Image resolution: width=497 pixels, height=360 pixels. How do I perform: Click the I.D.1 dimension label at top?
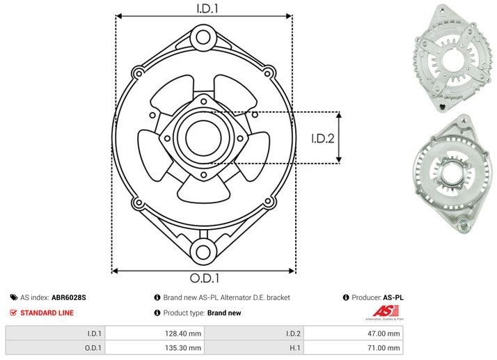[204, 9]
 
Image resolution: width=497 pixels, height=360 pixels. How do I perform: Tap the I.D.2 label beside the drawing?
[323, 138]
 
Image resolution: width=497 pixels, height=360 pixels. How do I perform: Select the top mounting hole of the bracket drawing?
[203, 36]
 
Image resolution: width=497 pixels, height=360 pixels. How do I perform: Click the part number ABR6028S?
[69, 297]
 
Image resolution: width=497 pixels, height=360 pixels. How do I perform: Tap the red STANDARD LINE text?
[47, 313]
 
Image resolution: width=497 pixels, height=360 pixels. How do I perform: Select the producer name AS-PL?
[393, 297]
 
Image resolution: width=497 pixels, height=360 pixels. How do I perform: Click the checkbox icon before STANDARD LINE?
[13, 313]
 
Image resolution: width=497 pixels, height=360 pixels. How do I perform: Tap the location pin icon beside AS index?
[13, 297]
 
